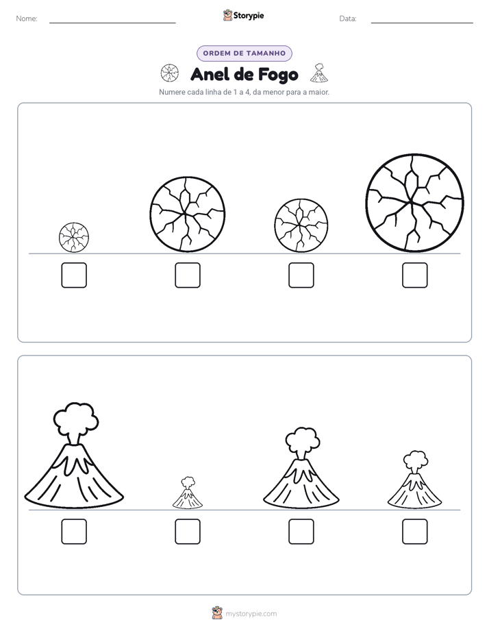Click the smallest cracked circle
74,237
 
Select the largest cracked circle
415,203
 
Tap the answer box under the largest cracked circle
415,275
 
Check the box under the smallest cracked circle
74,275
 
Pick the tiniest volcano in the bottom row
188,493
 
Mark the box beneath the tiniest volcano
188,532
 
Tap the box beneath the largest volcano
74,532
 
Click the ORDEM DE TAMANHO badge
244,53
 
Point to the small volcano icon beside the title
319,73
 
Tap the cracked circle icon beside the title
169,73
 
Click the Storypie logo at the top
244,16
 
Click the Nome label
27,18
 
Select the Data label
348,18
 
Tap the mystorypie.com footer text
251,614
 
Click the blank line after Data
422,23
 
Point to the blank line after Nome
112,23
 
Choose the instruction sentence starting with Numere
244,92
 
